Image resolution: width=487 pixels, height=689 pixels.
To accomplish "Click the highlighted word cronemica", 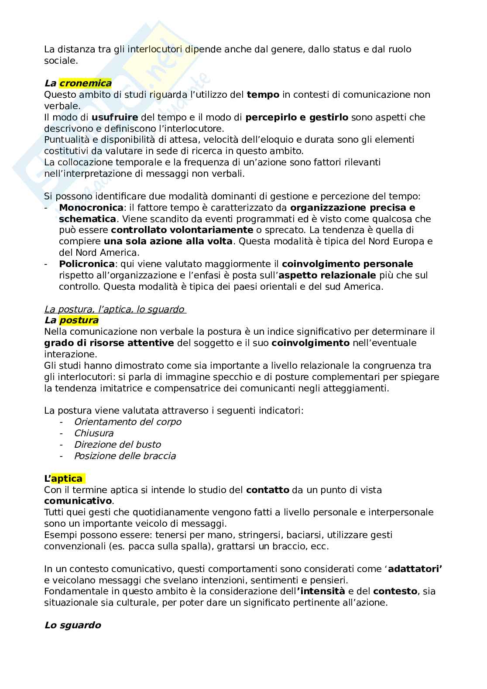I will click(x=85, y=83).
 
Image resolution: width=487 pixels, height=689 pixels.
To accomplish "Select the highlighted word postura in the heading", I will click(x=79, y=320).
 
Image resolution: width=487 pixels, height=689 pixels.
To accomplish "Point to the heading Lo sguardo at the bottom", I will click(x=72, y=625).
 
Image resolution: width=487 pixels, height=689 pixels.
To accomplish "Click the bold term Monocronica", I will click(x=91, y=207).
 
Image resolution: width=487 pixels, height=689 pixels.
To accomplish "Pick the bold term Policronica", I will click(x=87, y=264).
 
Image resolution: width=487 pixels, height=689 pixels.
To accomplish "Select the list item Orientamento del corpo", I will click(x=127, y=422).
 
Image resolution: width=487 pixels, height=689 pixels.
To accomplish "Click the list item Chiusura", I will click(x=93, y=433).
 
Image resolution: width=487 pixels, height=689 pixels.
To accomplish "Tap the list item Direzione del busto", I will click(x=117, y=445).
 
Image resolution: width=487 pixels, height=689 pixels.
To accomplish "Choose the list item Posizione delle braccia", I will click(x=125, y=456).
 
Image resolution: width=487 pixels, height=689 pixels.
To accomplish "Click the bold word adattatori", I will click(x=415, y=569).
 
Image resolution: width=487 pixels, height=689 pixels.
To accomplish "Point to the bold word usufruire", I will click(x=115, y=117).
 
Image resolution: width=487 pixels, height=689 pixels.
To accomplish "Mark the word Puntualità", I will click(x=65, y=140).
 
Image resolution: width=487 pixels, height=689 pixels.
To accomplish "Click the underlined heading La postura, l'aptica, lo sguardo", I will click(x=114, y=309).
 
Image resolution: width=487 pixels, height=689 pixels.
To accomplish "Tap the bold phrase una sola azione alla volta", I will click(x=168, y=241).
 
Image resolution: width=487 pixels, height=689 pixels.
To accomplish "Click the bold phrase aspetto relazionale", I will click(x=327, y=275).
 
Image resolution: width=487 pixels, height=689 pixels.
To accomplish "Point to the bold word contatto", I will click(x=268, y=490).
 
